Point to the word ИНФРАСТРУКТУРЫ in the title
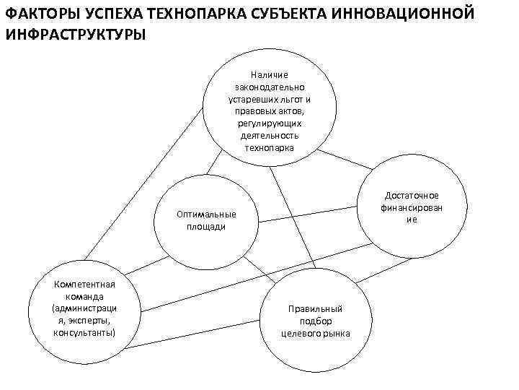point(75,34)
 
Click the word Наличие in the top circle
point(270,74)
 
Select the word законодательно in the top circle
point(270,87)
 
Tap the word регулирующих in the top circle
point(270,123)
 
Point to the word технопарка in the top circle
point(270,148)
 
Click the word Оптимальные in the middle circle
point(206,214)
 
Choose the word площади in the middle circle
point(206,227)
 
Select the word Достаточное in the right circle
point(412,196)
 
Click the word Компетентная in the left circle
point(84,284)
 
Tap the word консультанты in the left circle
point(84,333)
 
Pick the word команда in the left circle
point(84,296)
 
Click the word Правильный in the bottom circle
point(315,308)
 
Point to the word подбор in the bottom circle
point(315,321)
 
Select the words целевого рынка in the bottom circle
point(315,333)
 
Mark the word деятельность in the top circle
point(270,136)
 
